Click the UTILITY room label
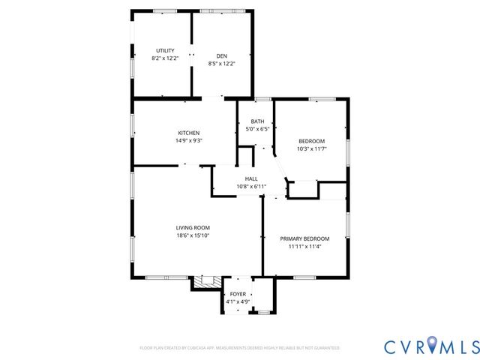[x=165, y=50]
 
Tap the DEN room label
[x=222, y=56]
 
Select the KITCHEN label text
[x=188, y=133]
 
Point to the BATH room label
[x=257, y=121]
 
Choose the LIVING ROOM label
[x=193, y=227]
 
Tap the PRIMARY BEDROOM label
[x=304, y=238]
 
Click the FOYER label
[x=238, y=294]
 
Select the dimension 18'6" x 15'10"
[x=193, y=235]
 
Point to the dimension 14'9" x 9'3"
[x=188, y=140]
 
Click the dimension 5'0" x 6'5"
[x=257, y=129]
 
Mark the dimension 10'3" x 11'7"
[x=311, y=148]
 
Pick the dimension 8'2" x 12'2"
[x=165, y=58]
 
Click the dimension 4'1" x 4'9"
[x=238, y=301]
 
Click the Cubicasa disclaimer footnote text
[x=239, y=348]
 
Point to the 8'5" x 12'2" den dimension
[x=222, y=64]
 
